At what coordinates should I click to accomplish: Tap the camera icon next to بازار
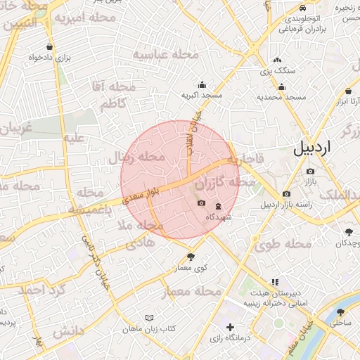[310, 171]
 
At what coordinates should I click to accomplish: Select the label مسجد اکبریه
[202, 94]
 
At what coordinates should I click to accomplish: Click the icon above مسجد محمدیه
[282, 87]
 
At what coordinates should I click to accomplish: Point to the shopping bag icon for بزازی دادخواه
[49, 47]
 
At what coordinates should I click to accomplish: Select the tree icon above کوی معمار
[191, 257]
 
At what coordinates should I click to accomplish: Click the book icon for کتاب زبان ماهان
[148, 318]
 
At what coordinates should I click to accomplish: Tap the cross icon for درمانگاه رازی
[231, 327]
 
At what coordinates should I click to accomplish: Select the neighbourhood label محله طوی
[283, 244]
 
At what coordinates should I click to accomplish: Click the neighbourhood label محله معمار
[192, 291]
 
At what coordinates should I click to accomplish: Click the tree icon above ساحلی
[341, 312]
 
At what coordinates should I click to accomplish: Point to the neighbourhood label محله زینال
[135, 157]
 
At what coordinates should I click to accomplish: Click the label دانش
[67, 330]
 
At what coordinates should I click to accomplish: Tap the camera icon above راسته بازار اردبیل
[286, 194]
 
